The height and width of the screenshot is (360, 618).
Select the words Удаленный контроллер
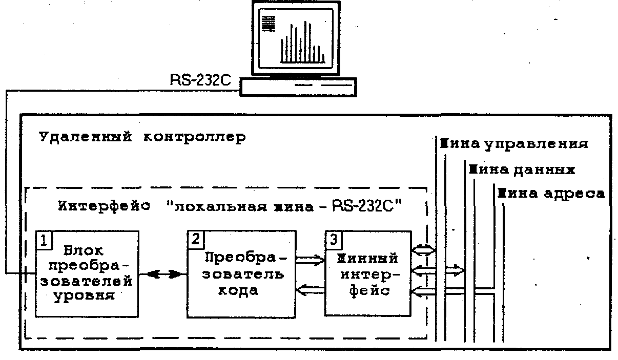tap(142, 138)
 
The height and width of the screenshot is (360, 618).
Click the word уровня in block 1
tap(85, 297)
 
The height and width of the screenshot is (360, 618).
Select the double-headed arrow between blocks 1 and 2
tap(164, 274)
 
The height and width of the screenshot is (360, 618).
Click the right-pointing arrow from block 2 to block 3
tap(311, 260)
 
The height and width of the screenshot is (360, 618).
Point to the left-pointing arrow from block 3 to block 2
tap(311, 290)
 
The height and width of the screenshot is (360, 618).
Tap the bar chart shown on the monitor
tap(302, 44)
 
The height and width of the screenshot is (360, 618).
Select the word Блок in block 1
tap(85, 251)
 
